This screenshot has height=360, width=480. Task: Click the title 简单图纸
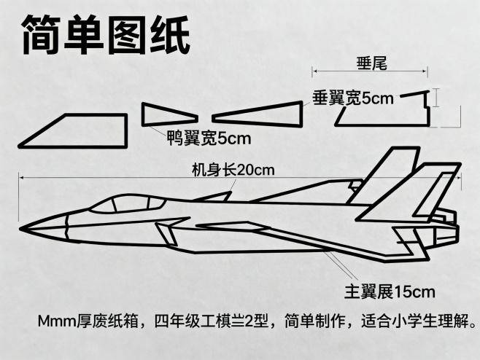pyautogui.click(x=107, y=34)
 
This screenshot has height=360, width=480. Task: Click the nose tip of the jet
pyautogui.click(x=23, y=223)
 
